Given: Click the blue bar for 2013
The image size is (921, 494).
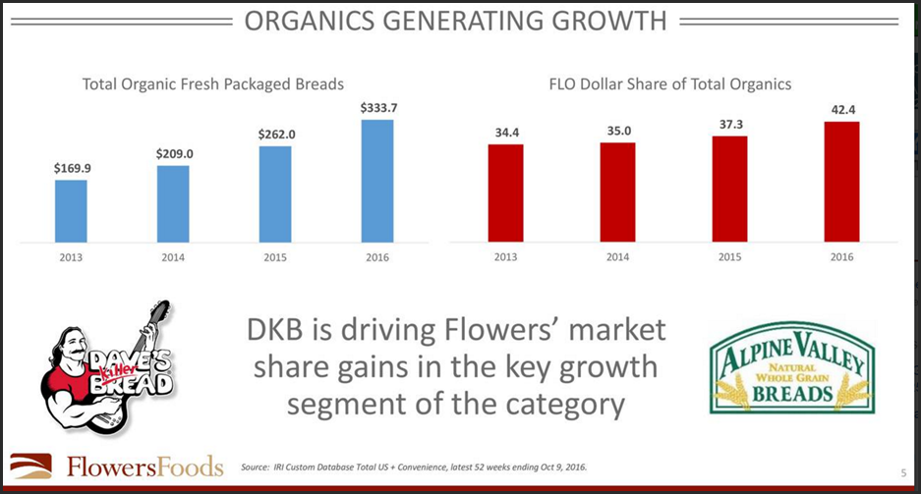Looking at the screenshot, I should coord(71,210).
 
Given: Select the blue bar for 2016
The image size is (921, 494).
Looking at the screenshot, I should coord(377,181).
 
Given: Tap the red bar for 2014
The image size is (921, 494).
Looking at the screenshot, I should coord(617,192).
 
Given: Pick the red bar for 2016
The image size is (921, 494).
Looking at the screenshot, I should coord(841,182).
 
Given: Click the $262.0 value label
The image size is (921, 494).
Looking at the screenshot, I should coord(275,135).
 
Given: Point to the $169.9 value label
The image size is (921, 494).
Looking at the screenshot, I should coord(71,168).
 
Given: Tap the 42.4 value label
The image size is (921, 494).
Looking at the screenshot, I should coord(841,110).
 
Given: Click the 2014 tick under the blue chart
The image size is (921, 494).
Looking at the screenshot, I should coord(173,257).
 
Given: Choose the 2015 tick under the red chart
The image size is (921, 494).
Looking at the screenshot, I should coord(729,257).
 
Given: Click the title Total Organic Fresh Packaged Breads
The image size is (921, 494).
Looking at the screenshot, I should coord(212,84).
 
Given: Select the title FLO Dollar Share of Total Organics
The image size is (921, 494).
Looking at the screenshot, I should coord(669,84).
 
